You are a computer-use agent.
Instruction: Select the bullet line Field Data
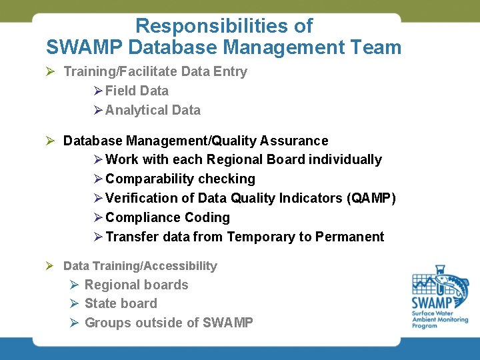point(137,91)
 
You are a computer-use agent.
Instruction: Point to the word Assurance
point(294,141)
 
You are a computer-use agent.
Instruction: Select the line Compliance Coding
point(167,217)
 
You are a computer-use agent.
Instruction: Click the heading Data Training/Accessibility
point(140,266)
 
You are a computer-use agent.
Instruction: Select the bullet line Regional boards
point(136,285)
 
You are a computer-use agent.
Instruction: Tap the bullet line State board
point(121,303)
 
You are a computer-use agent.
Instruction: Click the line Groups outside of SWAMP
point(169,323)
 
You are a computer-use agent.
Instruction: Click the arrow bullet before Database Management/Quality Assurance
point(49,141)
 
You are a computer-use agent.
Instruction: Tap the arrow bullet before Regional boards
point(75,285)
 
